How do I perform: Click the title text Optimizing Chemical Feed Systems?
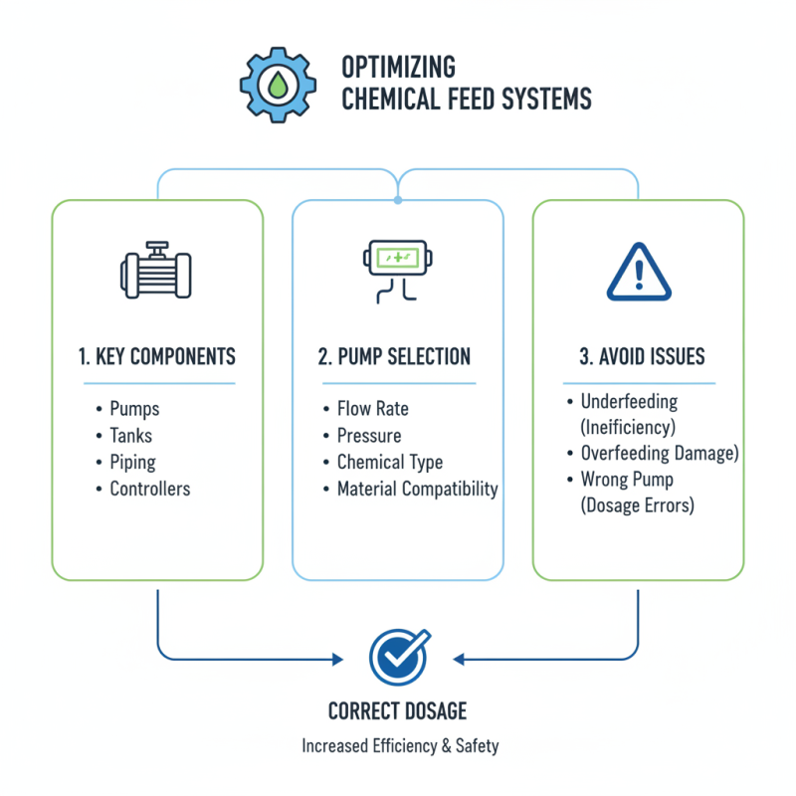pyautogui.click(x=466, y=83)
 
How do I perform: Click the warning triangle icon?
pyautogui.click(x=638, y=271)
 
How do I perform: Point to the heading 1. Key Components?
pyautogui.click(x=157, y=357)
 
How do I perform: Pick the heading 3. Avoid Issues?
pyautogui.click(x=638, y=357)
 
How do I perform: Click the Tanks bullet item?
pyautogui.click(x=130, y=436)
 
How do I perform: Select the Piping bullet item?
pyautogui.click(x=132, y=463)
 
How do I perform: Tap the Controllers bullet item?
pyautogui.click(x=149, y=489)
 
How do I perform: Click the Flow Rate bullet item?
pyautogui.click(x=372, y=409)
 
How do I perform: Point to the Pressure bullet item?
pyautogui.click(x=368, y=436)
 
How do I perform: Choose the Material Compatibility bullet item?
pyautogui.click(x=417, y=489)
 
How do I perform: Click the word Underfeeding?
pyautogui.click(x=629, y=402)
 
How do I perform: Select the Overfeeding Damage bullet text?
pyautogui.click(x=659, y=453)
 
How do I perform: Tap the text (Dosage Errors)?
pyautogui.click(x=638, y=504)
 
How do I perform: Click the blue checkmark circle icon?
pyautogui.click(x=398, y=656)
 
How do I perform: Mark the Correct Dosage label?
pyautogui.click(x=397, y=711)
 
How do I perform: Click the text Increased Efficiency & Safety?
pyautogui.click(x=397, y=746)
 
